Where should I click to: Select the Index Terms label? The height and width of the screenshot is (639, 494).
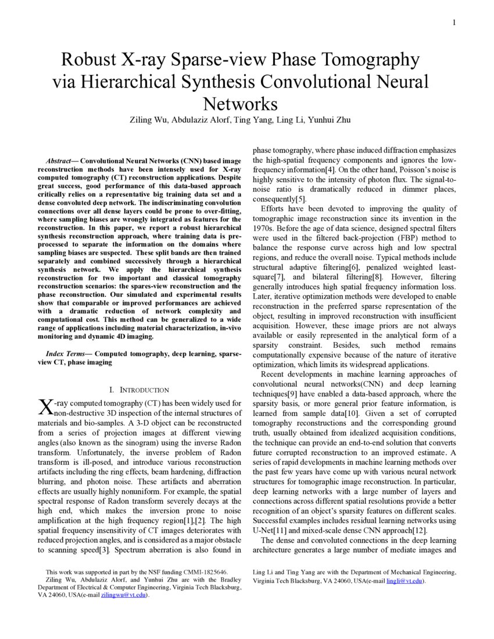pyautogui.click(x=68, y=353)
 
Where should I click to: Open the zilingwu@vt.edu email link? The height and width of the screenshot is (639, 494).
pyautogui.click(x=123, y=595)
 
